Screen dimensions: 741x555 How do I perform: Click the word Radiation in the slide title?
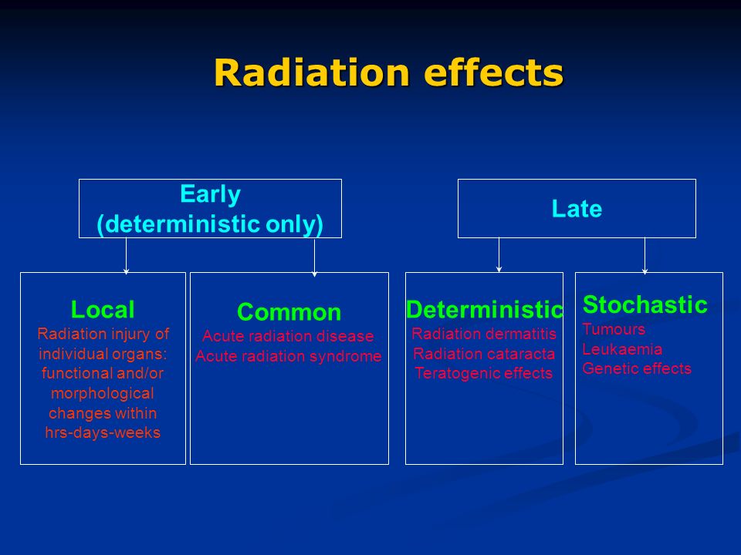coord(312,72)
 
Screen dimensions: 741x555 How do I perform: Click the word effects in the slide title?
coord(493,72)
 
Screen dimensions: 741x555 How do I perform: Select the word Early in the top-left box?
coord(210,194)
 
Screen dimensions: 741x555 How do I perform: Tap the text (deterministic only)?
coord(210,224)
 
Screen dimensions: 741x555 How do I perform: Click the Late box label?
coord(577,209)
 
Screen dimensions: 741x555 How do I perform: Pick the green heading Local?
coord(103,310)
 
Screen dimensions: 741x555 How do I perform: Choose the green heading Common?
coord(289,312)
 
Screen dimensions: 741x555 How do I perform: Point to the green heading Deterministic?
coord(485,310)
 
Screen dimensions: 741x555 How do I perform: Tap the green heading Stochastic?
coord(645,304)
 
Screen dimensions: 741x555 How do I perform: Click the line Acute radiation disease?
coord(288,336)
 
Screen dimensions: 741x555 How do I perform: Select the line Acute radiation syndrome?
coord(288,356)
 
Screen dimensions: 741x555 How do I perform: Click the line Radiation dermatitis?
coord(484,334)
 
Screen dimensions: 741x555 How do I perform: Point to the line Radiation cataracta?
coord(484,354)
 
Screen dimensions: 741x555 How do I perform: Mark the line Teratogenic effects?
coord(484,373)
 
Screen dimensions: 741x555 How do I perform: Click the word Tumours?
coord(614,329)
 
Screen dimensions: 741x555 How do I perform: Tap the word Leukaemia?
coord(622,348)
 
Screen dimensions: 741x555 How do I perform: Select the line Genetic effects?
coord(637,368)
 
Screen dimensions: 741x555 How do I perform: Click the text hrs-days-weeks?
coord(103,432)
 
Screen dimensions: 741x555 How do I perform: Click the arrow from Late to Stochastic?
coord(645,256)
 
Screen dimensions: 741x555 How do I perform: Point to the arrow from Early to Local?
coord(126,256)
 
